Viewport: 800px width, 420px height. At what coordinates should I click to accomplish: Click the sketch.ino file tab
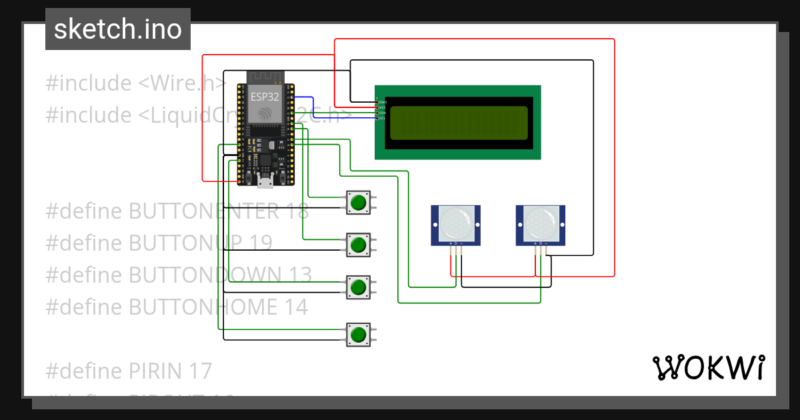(x=118, y=29)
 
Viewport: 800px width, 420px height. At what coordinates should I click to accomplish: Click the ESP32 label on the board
(x=265, y=96)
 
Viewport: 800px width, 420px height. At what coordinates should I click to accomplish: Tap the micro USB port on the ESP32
(x=265, y=180)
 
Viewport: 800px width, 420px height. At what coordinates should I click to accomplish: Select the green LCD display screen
(x=458, y=122)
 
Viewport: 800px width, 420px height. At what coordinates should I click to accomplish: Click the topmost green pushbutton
(x=359, y=203)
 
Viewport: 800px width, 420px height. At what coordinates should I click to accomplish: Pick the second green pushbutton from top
(x=359, y=245)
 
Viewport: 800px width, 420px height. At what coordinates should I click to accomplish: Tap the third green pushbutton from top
(x=359, y=287)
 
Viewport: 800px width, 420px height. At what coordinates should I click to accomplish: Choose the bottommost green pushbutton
(x=359, y=333)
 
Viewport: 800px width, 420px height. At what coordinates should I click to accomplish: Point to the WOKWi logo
(x=708, y=368)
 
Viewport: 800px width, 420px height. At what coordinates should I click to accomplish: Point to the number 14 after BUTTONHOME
(x=295, y=307)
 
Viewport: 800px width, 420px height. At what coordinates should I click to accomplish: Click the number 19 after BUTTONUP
(x=261, y=243)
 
